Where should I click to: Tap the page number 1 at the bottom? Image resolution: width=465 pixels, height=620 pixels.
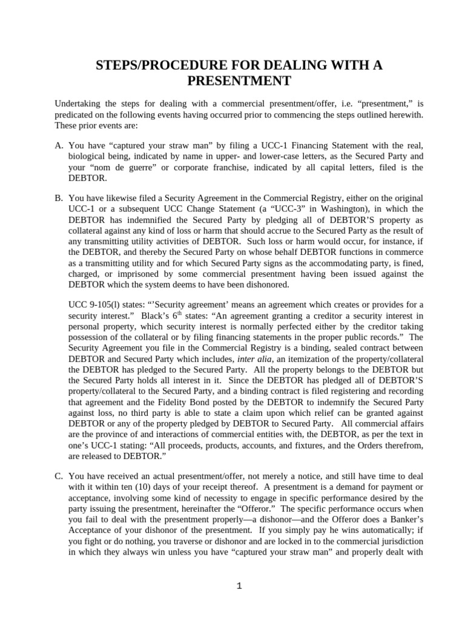click(x=239, y=585)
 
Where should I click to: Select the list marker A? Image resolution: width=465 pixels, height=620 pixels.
click(x=59, y=146)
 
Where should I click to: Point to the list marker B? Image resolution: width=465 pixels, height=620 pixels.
click(x=59, y=198)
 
